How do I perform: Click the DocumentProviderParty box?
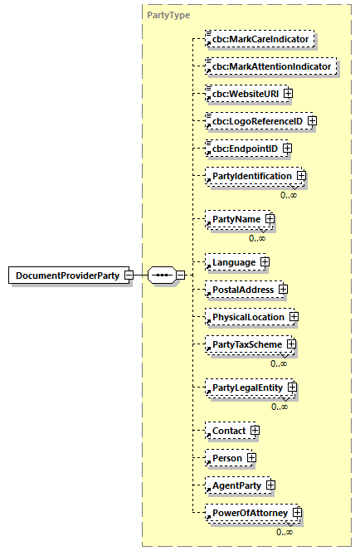67,275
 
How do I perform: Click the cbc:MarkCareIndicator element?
260,39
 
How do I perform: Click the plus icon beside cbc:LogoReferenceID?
312,121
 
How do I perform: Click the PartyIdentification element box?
251,176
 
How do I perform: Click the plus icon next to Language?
265,262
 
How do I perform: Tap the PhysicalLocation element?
248,317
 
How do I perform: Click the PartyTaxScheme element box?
247,344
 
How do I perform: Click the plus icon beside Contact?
255,431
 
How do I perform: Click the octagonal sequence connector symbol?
162,275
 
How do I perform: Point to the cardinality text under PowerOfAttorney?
285,532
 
